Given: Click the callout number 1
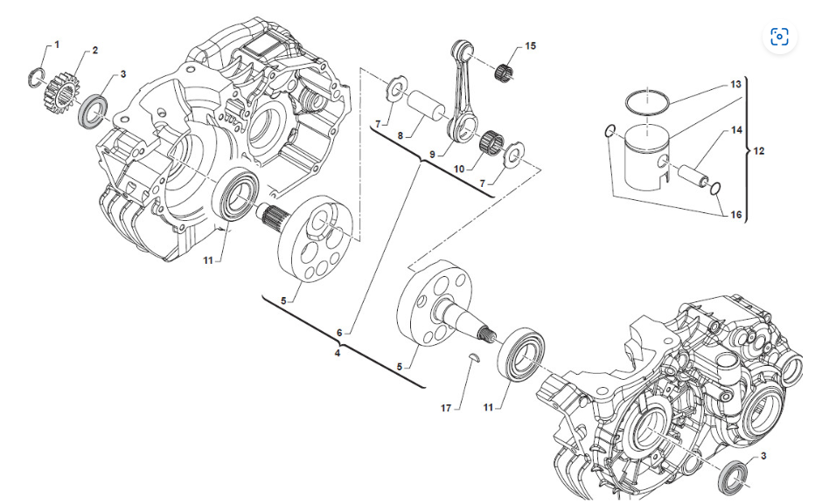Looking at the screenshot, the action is pos(57,45).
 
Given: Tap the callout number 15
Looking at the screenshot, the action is pos(530,46).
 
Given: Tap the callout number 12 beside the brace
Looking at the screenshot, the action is pos(758,151).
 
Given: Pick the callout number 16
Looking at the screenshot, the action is pos(735,215).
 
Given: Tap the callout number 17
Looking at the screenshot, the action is pos(446,408).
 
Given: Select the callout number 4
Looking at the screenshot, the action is pos(337,353).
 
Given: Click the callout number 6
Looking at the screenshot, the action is pos(339,333).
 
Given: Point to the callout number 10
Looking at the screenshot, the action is pos(459,169).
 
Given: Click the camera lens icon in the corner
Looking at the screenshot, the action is pos(779,38).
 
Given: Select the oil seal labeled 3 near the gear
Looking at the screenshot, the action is pos(93,111).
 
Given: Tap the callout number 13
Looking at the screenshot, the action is pos(735,85).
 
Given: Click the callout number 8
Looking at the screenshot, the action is pos(400,135).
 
